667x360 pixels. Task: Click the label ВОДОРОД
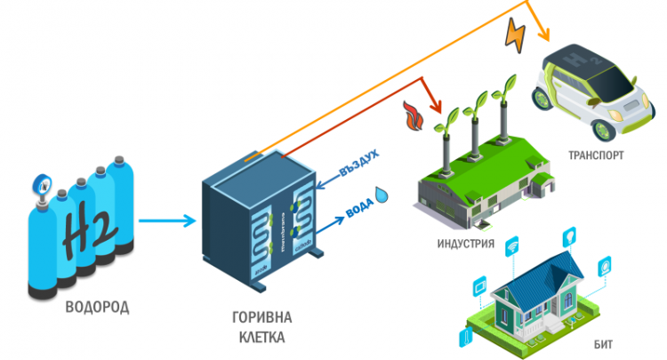click(x=97, y=308)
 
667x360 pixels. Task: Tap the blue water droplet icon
click(x=382, y=195)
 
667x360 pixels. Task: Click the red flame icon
click(x=412, y=115)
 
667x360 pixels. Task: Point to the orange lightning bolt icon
click(x=516, y=33)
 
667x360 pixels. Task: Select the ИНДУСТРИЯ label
click(x=465, y=242)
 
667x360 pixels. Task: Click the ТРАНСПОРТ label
click(x=596, y=156)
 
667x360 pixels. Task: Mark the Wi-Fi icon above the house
click(x=513, y=243)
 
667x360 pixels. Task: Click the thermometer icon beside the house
click(x=463, y=334)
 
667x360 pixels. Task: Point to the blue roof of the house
click(x=542, y=271)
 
